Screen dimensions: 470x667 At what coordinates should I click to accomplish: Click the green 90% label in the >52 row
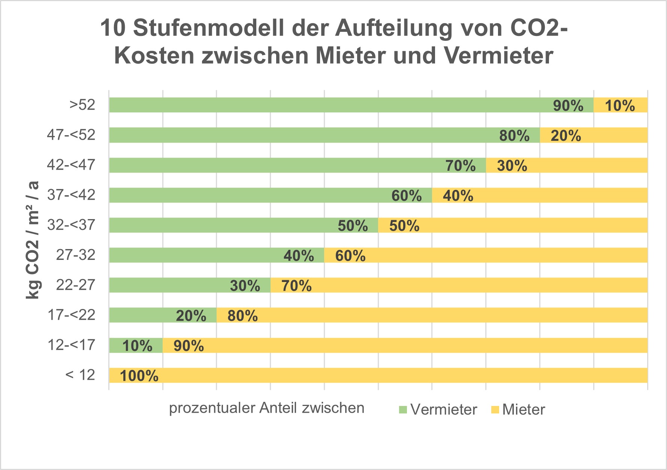tap(568, 106)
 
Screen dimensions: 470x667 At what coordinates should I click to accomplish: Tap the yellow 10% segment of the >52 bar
tap(620, 105)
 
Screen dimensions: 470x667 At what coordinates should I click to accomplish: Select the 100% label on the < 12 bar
tap(139, 376)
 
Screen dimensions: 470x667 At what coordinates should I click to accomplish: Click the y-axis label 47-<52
tap(71, 135)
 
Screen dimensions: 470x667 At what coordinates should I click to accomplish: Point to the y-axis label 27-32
tap(76, 255)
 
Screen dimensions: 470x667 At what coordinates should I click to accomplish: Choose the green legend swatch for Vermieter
tap(403, 410)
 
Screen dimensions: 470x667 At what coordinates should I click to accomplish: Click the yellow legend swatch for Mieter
tap(495, 410)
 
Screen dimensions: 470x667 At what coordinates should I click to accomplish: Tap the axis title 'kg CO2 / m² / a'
tap(33, 240)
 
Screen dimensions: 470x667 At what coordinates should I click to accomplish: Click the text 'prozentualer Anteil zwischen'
tap(266, 408)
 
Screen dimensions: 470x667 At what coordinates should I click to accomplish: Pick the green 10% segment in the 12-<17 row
tap(136, 345)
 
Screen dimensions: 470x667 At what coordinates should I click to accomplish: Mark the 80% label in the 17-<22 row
tap(242, 316)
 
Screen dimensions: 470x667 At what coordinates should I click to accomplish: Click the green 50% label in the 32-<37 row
tap(353, 226)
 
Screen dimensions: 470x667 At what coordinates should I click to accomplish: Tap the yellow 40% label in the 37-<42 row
tap(458, 196)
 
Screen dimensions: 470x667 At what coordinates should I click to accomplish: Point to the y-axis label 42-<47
tap(71, 165)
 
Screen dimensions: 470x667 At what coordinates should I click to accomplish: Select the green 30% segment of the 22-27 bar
tap(190, 285)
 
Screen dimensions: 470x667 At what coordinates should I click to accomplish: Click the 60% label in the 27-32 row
tap(350, 256)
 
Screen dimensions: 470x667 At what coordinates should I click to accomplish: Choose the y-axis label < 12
tap(80, 375)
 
